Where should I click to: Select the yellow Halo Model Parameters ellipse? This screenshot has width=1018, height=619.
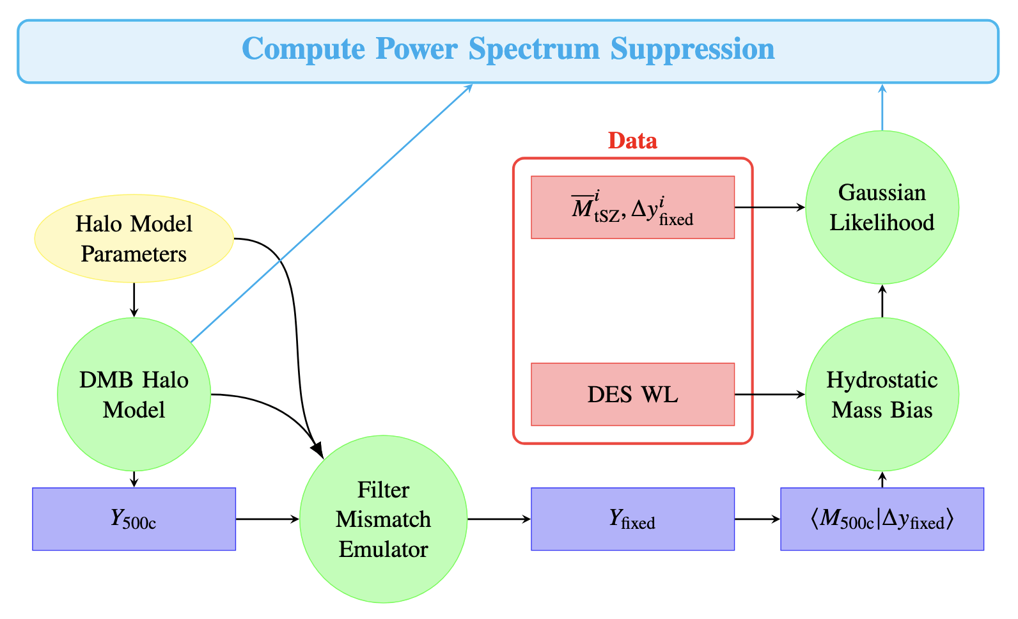[x=134, y=239]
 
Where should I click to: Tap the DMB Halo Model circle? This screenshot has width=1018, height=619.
[x=134, y=395]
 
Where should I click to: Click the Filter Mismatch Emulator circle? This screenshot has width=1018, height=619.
[x=383, y=519]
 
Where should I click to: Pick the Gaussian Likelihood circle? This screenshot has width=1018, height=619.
[x=882, y=207]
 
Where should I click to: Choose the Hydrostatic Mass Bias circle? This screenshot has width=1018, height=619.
[x=882, y=395]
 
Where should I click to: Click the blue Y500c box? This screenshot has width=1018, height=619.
[x=134, y=519]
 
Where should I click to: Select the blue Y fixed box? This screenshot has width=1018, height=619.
[x=632, y=519]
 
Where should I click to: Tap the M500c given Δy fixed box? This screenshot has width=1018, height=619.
[x=882, y=519]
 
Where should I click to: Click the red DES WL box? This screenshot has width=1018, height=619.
[x=632, y=395]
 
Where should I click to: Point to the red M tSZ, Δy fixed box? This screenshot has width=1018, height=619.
[x=632, y=207]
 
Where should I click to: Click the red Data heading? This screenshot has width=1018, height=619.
[x=632, y=141]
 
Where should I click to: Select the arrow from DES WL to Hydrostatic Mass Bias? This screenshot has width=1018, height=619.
[x=769, y=395]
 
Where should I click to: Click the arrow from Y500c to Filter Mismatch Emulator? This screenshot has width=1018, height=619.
[x=267, y=519]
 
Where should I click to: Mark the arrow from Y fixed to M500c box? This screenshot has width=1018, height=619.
[x=757, y=519]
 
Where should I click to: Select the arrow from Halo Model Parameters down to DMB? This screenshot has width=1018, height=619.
[x=134, y=299]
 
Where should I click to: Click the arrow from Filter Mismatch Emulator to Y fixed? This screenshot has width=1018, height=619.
[x=499, y=519]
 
